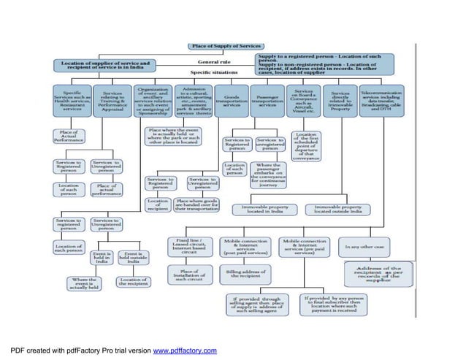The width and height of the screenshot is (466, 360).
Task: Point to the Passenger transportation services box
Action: click(269, 102)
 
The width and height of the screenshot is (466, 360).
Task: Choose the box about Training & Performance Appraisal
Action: click(112, 102)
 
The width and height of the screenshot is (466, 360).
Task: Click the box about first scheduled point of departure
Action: click(308, 146)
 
